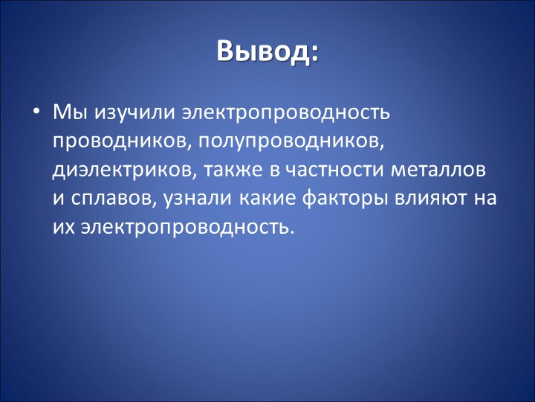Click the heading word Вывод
pos(263,51)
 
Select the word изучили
pos(133,113)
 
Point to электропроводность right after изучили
pos(285,113)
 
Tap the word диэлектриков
pos(125,170)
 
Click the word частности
pos(334,170)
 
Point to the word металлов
pos(438,170)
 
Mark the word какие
pos(267,199)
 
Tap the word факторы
pos(345,199)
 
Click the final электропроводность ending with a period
pos(187,226)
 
